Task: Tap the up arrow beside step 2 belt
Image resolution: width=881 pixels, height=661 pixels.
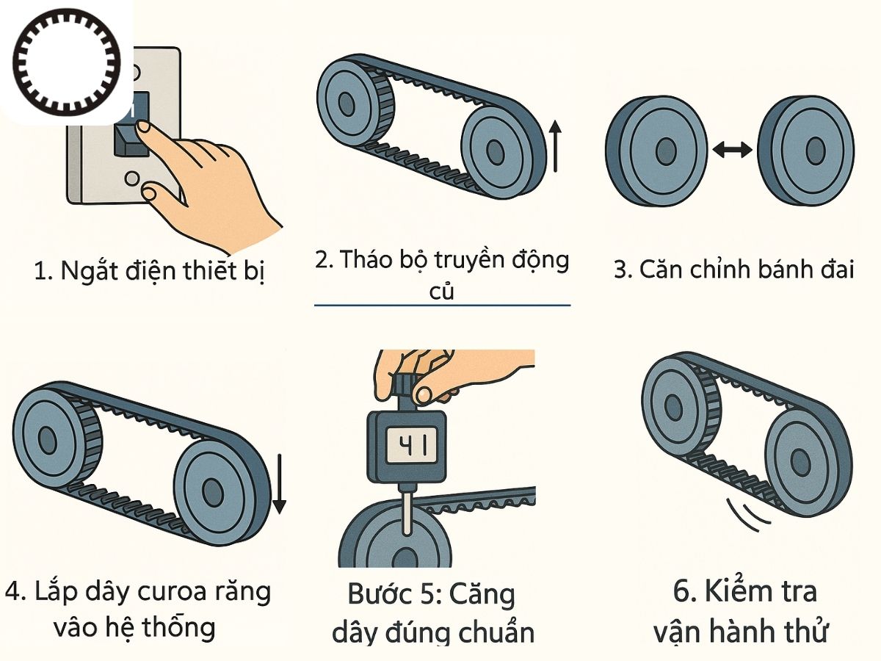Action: [555, 147]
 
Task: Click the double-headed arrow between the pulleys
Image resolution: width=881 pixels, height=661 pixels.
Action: [732, 150]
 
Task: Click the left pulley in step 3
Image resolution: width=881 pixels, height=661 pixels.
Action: [655, 150]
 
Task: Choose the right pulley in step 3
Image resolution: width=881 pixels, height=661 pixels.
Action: [806, 150]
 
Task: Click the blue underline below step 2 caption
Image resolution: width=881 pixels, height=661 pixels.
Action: [442, 305]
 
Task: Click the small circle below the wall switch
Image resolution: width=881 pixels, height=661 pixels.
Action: [131, 178]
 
